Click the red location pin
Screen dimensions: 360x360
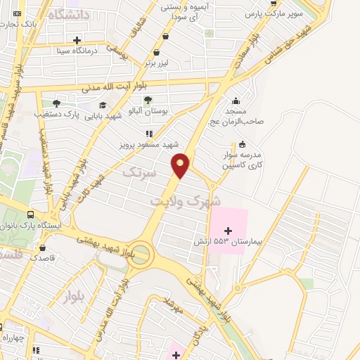point(181,165)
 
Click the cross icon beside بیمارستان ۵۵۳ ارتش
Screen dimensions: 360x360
point(227,230)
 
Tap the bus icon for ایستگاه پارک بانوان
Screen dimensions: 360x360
point(31,214)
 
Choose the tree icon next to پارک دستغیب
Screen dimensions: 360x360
point(56,103)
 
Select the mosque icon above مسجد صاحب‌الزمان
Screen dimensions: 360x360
point(235,101)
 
